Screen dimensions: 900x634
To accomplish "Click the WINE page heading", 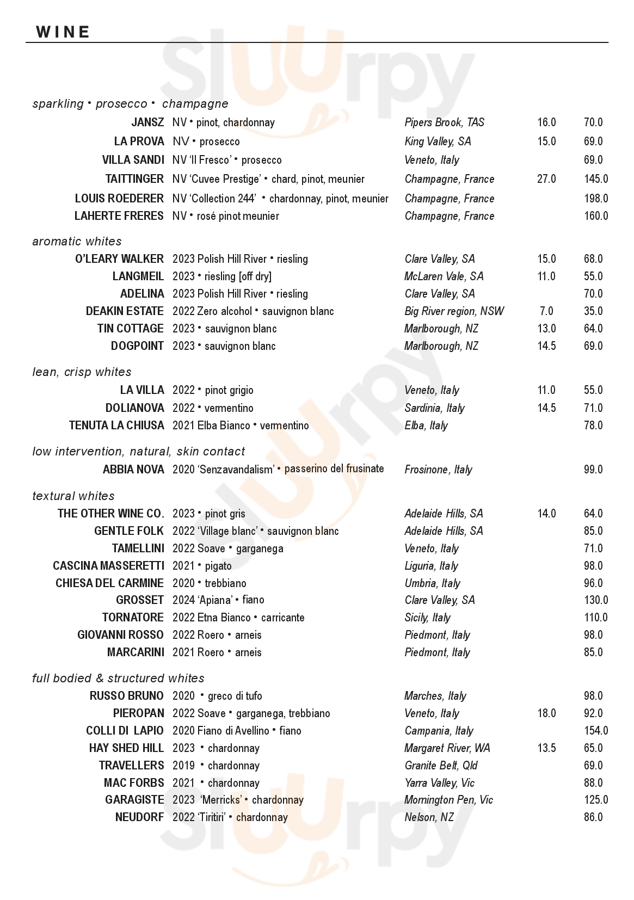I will point(63,32).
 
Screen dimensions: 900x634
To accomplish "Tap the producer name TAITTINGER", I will point(134,179).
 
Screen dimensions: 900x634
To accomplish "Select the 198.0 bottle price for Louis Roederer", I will point(596,199).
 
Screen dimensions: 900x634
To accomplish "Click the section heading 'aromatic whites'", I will point(77,241).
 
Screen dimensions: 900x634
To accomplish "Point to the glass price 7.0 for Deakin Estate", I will point(546,311).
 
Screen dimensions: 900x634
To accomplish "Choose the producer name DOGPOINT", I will point(137,346).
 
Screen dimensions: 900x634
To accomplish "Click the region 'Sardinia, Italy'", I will point(434,408).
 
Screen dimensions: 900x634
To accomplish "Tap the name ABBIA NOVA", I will point(133,470).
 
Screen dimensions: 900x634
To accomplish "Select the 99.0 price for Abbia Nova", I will point(593,470).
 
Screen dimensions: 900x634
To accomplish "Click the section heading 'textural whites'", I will point(73,496).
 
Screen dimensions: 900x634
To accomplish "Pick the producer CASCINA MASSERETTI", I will point(108,566).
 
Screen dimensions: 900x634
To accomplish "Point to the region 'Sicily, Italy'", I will point(427,618).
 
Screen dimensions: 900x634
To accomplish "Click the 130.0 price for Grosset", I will point(596,600).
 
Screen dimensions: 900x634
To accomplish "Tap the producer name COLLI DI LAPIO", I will point(125,731).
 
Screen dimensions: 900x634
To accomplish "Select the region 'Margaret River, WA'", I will point(447,748).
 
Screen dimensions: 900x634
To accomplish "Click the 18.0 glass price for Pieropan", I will point(546,713).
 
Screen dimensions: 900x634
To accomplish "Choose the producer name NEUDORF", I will point(139,817).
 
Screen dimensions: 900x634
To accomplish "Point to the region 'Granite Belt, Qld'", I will point(441,766).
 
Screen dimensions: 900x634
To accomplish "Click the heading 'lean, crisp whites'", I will point(82,372).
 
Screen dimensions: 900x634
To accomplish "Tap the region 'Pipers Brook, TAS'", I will point(444,122).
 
